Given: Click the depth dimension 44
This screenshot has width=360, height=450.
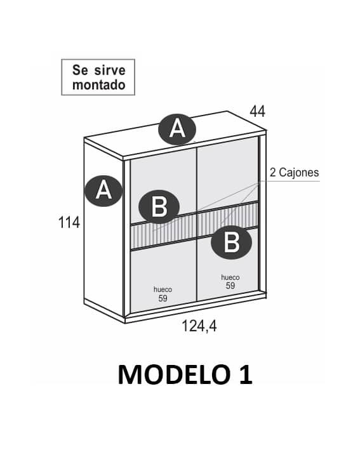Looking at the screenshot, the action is pos(257,111).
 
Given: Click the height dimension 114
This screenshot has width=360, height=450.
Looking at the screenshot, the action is pos(69,223).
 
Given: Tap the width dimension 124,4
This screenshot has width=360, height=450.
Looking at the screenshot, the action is pos(199,326).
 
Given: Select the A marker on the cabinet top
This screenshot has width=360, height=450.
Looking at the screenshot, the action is pos(177,129).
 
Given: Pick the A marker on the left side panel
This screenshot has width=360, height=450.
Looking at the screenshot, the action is pos(103,191).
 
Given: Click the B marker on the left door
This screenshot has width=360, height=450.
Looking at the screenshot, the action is pos(159,207).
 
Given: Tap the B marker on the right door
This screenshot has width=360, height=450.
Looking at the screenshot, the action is pos(231,242).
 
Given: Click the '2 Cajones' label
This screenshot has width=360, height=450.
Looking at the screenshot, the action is pos(294,173).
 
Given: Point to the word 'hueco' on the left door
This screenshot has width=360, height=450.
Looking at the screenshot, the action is pos(163,290).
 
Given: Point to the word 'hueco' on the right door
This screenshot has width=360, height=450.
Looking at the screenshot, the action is pos(230,277).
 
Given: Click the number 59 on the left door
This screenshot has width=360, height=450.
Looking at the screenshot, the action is pos(163,298).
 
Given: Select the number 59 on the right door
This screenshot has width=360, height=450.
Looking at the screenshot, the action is pos(230,286).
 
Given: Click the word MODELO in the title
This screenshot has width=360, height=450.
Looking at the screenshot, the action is pos(174,374).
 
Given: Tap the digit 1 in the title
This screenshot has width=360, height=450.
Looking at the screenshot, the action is pos(246,374).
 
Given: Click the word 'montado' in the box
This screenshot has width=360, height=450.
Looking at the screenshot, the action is pos(99,85).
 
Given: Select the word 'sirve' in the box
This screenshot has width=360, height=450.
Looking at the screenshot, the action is pos(110,70).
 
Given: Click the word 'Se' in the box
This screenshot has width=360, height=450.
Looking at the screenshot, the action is pos(80,70).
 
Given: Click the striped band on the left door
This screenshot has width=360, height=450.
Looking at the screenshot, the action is pos(163,232).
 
